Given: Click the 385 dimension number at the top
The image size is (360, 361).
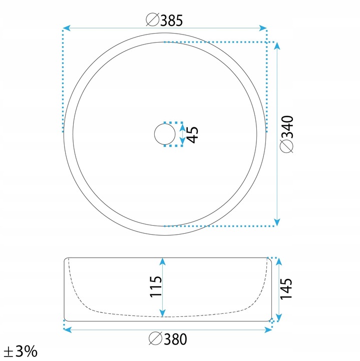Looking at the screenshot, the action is pos(172,20).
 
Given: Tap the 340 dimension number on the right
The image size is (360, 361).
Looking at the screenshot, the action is pos(287,127).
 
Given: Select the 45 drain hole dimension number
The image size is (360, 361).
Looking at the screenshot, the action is pos(192,135).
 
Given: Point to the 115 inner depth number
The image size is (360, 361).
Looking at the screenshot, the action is pos(156,286).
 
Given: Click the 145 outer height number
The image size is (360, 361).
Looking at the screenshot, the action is pos(286,289).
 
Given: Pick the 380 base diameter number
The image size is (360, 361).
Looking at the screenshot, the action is pos(175,339).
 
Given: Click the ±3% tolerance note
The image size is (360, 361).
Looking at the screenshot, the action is pos(21,351).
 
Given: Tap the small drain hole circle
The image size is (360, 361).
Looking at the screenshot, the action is pos(165,134).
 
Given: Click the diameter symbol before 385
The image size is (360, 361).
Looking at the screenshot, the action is pos(153,20).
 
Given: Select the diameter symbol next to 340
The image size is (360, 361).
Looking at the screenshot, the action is pos(287,146).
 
